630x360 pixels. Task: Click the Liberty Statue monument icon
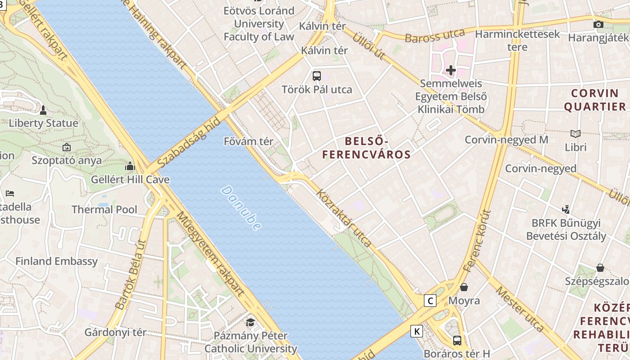click(43, 110)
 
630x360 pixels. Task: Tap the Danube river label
click(241, 208)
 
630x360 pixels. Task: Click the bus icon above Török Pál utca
click(317, 76)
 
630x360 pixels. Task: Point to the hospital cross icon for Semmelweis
click(450, 70)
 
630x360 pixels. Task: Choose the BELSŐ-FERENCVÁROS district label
click(366, 148)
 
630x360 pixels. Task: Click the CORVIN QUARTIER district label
click(595, 100)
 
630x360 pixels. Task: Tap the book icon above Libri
click(576, 134)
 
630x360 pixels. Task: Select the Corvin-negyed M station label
click(506, 139)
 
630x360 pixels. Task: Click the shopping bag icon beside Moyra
click(464, 287)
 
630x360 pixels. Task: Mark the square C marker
click(431, 301)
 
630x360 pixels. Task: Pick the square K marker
click(417, 332)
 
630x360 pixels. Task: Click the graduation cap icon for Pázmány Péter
click(250, 322)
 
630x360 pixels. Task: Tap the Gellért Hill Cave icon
click(130, 166)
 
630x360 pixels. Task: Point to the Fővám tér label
click(248, 141)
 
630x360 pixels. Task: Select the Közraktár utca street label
click(344, 218)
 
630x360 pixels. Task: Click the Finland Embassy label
click(56, 261)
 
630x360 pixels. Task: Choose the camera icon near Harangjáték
click(598, 25)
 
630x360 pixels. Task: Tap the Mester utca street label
click(520, 309)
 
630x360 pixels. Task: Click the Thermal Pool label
click(104, 209)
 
